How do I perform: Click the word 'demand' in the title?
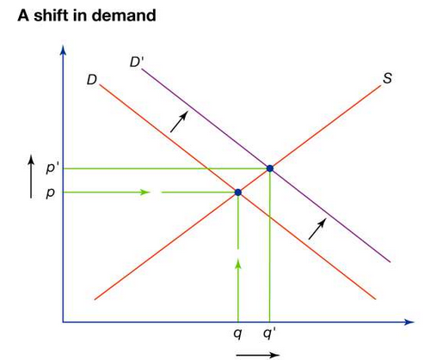[x=124, y=15]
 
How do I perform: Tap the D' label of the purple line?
[x=135, y=62]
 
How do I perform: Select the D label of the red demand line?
[x=92, y=80]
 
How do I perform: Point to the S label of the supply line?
[x=387, y=78]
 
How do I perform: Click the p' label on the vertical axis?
[x=51, y=168]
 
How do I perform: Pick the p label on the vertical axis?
[x=50, y=193]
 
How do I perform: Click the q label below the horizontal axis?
[x=237, y=333]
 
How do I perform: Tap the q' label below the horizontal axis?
[x=269, y=333]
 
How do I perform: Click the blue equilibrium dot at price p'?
[x=270, y=168]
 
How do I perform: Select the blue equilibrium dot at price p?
[x=238, y=192]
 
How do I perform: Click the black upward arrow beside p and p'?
[x=31, y=177]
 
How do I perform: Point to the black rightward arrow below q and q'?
[x=257, y=355]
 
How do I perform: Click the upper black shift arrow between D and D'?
[x=179, y=122]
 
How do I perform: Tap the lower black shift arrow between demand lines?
[x=317, y=229]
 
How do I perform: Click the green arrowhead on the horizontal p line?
[x=144, y=192]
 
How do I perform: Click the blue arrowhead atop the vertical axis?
[x=64, y=50]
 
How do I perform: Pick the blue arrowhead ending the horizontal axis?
[x=409, y=322]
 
